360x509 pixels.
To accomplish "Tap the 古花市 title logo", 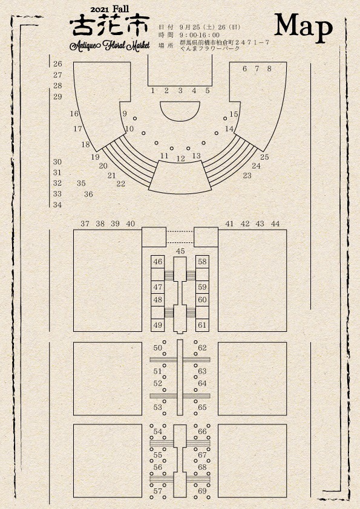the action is click(110, 25).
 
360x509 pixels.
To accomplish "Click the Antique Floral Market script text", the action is click(110, 45).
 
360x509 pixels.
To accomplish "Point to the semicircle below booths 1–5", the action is click(180, 111).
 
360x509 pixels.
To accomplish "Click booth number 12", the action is click(181, 159).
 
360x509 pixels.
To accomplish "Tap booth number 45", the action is click(180, 251).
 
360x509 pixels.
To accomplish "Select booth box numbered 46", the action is click(158, 262).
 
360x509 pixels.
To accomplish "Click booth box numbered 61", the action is click(202, 325).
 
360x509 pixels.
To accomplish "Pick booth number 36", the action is click(88, 194).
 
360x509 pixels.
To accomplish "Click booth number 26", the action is click(57, 63).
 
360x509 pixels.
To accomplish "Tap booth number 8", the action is click(269, 68).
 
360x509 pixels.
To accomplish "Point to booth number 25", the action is click(264, 157).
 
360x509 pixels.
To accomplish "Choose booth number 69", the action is click(202, 491).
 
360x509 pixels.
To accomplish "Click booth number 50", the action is click(157, 348).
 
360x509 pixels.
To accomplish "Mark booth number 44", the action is click(275, 223).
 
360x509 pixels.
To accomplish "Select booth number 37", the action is click(85, 223).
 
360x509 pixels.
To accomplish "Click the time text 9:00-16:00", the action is click(200, 34).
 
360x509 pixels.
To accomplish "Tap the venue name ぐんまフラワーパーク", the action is click(210, 48).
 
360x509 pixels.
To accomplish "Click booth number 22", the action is click(121, 184).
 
